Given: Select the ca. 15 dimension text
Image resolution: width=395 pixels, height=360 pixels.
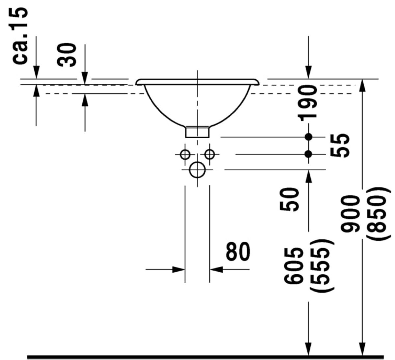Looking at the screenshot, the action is pyautogui.click(x=20, y=36).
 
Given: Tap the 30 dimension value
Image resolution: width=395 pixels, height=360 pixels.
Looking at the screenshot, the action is pyautogui.click(x=66, y=55).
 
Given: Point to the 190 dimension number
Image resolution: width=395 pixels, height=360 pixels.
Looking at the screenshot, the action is pyautogui.click(x=307, y=102).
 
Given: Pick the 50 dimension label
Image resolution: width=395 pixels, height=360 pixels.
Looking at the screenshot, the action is pyautogui.click(x=289, y=199).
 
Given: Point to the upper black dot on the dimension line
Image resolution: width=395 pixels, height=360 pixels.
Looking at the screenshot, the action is pyautogui.click(x=308, y=137).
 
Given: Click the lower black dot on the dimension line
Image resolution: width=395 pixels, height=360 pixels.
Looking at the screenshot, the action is pyautogui.click(x=308, y=154).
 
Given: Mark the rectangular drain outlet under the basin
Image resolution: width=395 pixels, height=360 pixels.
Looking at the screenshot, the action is pyautogui.click(x=197, y=132).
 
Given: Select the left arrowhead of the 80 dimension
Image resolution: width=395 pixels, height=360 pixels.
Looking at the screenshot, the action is pyautogui.click(x=178, y=269).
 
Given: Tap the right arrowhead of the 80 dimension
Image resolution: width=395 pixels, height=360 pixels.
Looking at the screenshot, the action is pyautogui.click(x=216, y=269).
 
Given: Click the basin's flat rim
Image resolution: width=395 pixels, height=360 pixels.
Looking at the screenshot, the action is pyautogui.click(x=197, y=82).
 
